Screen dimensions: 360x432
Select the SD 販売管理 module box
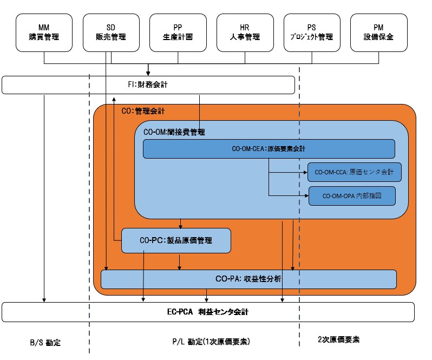(110, 32)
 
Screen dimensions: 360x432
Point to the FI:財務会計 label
(148, 84)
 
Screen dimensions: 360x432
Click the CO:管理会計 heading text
(143, 111)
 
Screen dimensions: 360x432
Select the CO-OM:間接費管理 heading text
(174, 132)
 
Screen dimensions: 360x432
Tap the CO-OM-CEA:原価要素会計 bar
(269, 149)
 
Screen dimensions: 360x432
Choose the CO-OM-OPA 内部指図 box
(352, 195)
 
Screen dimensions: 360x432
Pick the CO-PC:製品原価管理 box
(176, 240)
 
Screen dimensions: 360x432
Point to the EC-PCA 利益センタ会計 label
(208, 312)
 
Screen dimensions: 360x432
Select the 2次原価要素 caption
(338, 340)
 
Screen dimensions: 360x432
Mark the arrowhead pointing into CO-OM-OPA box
(306, 195)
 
